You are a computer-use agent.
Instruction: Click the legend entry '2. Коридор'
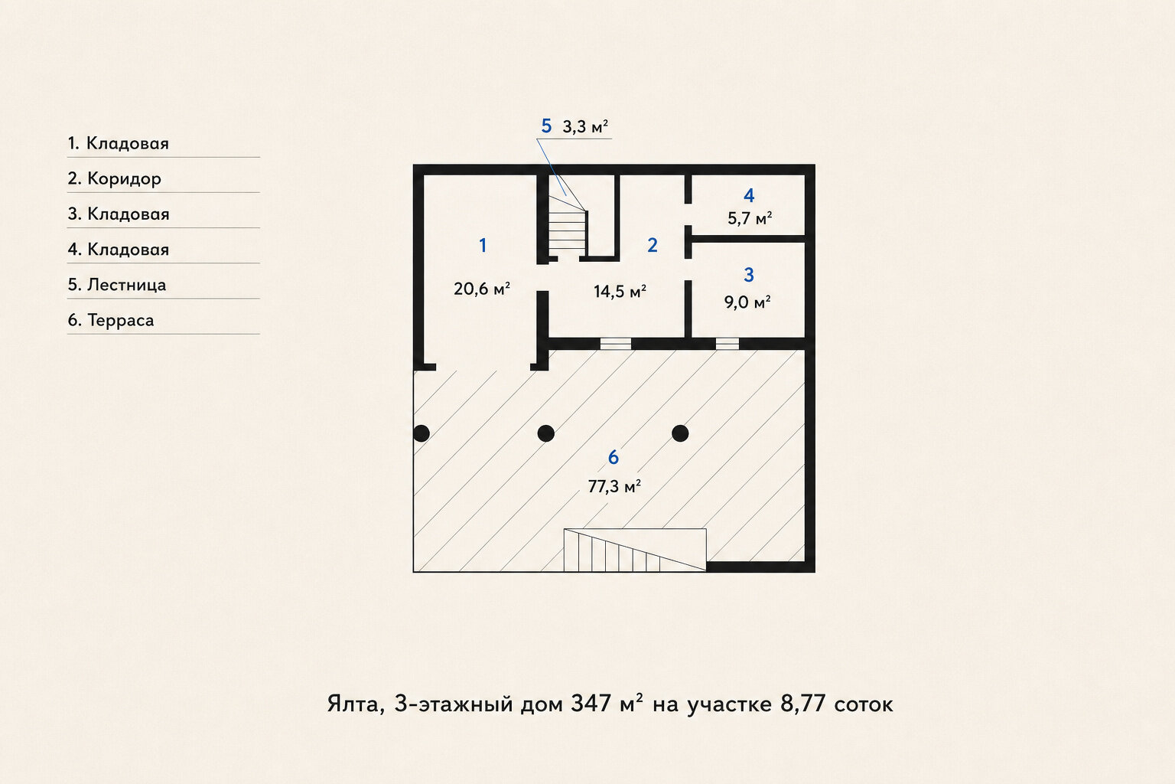[x=114, y=179]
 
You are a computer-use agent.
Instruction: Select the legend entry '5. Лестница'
[x=117, y=285]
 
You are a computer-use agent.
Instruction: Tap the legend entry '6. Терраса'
[x=111, y=320]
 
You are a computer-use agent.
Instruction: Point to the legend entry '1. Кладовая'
[x=118, y=143]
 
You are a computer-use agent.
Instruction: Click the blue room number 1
[x=483, y=245]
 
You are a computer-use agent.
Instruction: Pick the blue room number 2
[x=652, y=245]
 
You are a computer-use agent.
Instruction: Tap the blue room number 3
[x=749, y=275]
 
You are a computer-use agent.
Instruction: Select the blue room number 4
[x=749, y=195]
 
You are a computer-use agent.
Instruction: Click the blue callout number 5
[x=546, y=126]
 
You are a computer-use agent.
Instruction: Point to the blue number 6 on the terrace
[x=614, y=457]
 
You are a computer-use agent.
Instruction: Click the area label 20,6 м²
[x=482, y=289]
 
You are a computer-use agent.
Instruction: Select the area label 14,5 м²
[x=620, y=292]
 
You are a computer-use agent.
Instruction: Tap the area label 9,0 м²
[x=747, y=302]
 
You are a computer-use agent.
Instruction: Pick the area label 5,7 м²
[x=750, y=218]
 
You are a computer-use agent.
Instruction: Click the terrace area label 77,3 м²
[x=614, y=487]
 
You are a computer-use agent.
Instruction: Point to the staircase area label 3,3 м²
[x=585, y=127]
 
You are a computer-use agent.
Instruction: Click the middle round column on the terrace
[x=546, y=433]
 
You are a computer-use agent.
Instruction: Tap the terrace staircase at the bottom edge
[x=635, y=550]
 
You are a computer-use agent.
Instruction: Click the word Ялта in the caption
[x=356, y=704]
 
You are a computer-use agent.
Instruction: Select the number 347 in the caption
[x=591, y=704]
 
